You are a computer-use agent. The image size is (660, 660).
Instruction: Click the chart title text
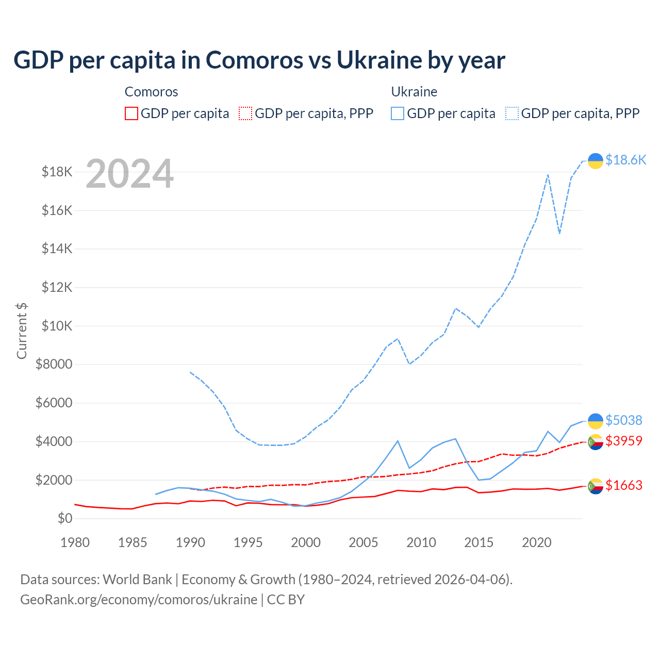[259, 60]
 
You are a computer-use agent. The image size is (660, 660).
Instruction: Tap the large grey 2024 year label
[129, 174]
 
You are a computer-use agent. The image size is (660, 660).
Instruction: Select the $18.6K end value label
[625, 160]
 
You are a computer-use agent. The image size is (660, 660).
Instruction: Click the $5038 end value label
[623, 421]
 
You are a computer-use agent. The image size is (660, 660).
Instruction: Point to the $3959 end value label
[623, 441]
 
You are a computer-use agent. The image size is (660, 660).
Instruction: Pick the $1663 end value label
[623, 486]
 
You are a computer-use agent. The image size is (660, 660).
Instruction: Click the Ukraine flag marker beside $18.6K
[596, 161]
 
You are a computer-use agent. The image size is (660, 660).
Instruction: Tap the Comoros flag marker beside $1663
[596, 486]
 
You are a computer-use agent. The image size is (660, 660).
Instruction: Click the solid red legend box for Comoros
[131, 113]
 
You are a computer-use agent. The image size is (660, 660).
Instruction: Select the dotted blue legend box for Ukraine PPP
[512, 113]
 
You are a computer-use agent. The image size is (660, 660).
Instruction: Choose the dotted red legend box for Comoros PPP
[246, 113]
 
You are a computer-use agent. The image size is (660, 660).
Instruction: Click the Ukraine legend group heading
[414, 92]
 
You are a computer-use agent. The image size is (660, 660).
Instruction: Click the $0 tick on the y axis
[64, 518]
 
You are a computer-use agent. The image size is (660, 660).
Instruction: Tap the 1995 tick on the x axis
[248, 542]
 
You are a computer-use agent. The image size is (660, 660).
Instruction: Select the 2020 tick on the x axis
[537, 542]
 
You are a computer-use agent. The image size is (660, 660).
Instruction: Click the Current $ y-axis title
[22, 331]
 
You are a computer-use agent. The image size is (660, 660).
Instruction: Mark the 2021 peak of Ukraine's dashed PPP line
[548, 175]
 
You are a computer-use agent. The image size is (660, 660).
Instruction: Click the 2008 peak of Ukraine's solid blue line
[398, 441]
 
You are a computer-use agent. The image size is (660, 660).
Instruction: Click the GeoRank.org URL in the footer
[139, 600]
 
